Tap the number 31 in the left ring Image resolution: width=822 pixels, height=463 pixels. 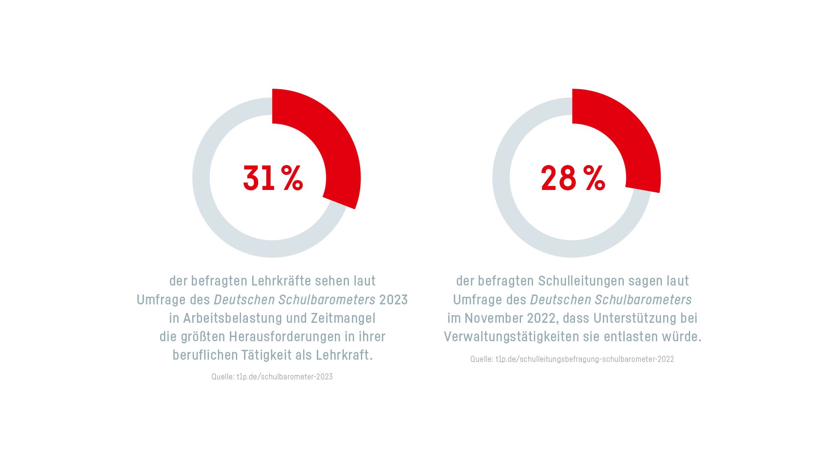[259, 178]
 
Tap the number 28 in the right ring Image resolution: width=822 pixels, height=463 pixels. [558, 178]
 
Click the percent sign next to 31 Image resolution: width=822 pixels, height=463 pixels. [292, 178]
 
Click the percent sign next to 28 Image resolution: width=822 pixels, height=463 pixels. [594, 178]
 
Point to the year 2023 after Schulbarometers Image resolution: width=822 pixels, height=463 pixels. [393, 300]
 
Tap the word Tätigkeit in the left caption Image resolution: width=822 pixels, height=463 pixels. [266, 355]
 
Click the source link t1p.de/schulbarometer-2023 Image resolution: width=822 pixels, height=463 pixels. [285, 377]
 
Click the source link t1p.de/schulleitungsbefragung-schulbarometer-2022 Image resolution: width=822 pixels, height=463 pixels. [585, 359]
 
